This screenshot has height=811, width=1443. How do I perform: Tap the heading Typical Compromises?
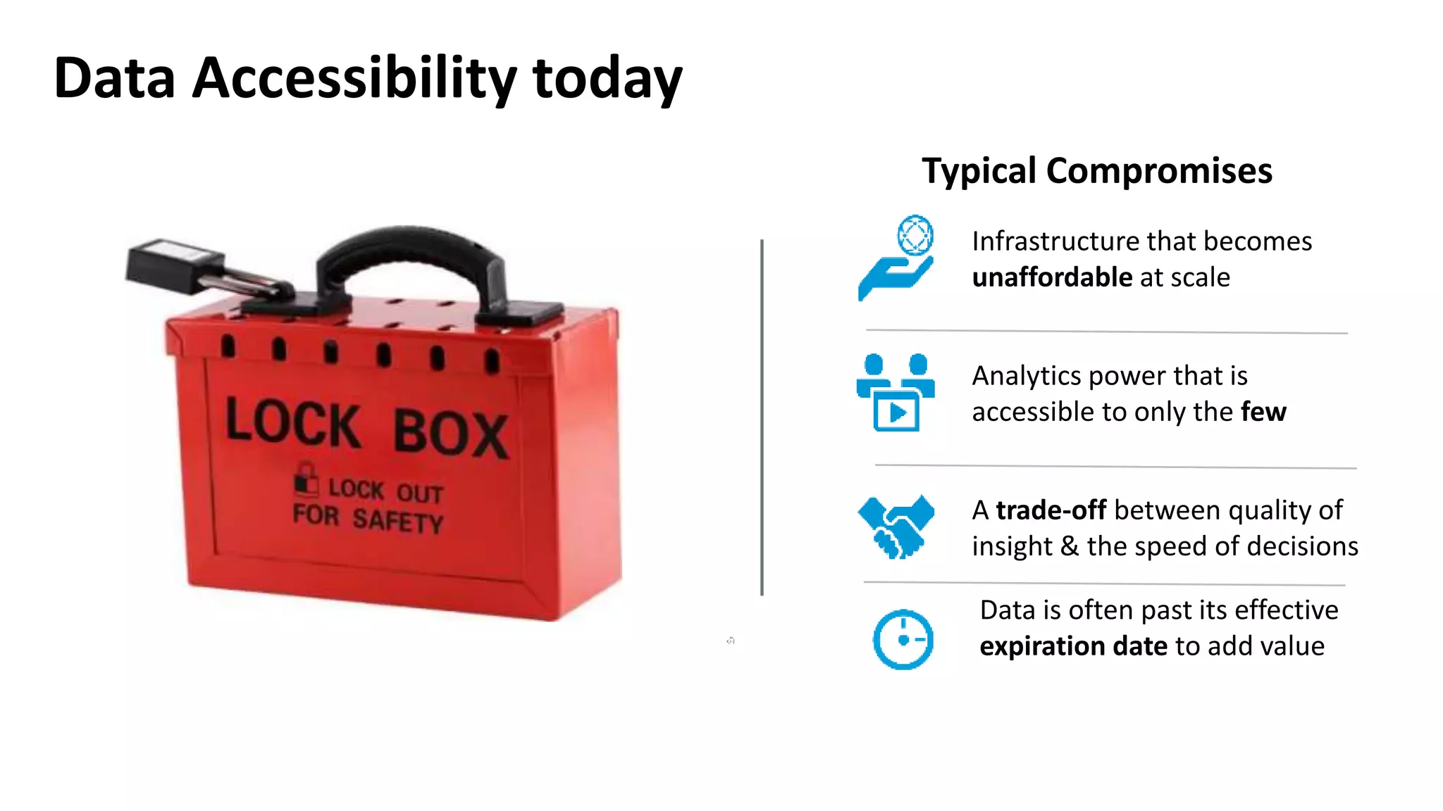click(x=1096, y=171)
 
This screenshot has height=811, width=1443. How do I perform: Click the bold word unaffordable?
click(x=1052, y=277)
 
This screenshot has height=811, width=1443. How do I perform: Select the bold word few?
click(x=1263, y=412)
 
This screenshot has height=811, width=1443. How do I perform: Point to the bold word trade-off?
click(x=1051, y=510)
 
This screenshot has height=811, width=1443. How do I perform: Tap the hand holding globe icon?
click(x=896, y=258)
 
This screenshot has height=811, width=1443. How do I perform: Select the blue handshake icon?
click(x=896, y=527)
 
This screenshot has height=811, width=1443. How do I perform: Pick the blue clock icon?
click(x=903, y=639)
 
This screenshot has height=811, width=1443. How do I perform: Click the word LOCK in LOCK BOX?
click(x=292, y=422)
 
